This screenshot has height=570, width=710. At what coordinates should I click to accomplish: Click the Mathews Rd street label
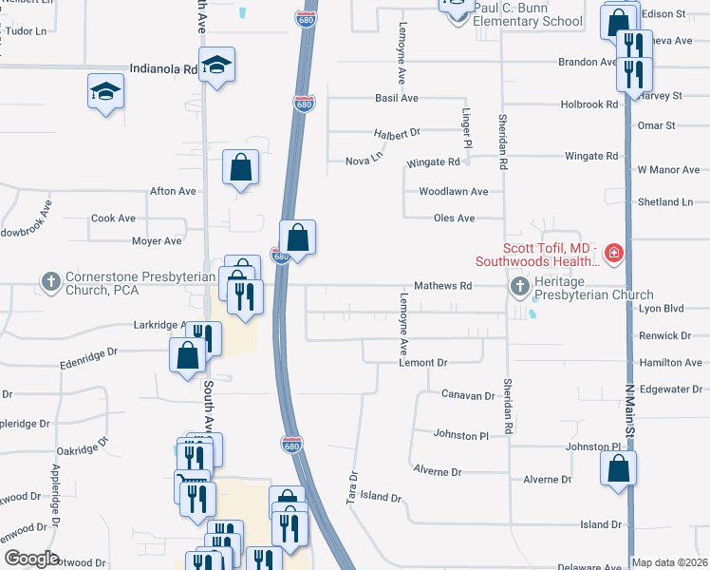(443, 285)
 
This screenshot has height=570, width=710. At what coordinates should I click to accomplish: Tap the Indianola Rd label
(164, 69)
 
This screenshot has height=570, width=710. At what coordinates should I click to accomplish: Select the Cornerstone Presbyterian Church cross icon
(50, 281)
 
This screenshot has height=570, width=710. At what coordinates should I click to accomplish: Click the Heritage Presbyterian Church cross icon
(519, 286)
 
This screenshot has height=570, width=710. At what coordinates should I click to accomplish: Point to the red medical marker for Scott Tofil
(614, 253)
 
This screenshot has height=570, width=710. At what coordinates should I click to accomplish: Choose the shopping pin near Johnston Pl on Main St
(618, 468)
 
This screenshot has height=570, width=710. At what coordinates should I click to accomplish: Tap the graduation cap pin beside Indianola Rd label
(217, 65)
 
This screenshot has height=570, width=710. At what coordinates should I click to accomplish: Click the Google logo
(32, 559)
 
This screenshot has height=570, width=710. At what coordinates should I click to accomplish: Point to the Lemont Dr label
(422, 363)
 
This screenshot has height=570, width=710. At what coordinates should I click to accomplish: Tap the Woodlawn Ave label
(454, 191)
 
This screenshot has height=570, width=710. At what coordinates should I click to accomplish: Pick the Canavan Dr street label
(469, 394)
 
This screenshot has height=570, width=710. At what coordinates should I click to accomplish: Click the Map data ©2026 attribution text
(670, 562)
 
